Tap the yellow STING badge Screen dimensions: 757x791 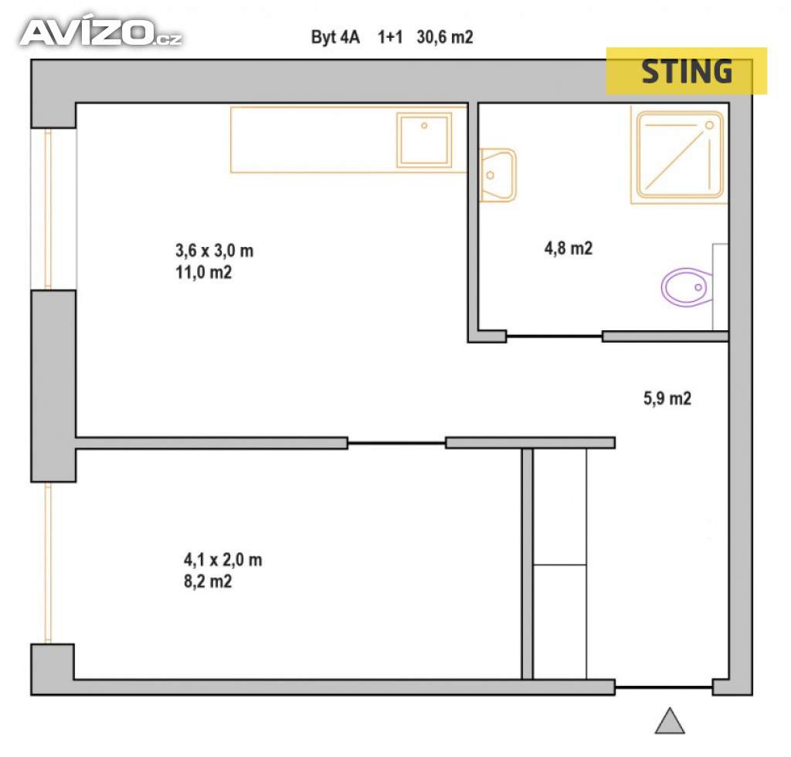(686, 71)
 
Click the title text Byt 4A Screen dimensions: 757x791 (335, 37)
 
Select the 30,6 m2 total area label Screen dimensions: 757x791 (444, 37)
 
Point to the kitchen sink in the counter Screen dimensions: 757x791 (423, 139)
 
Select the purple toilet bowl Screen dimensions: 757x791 (687, 288)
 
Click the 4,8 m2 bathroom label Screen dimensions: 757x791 (569, 248)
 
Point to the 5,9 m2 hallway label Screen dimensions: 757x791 (667, 399)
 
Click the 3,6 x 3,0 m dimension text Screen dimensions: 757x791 (215, 251)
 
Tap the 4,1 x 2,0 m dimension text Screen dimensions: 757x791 (222, 560)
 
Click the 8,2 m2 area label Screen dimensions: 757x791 (205, 581)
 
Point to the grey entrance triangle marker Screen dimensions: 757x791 (670, 721)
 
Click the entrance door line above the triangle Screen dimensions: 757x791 (664, 687)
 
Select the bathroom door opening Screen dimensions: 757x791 (554, 336)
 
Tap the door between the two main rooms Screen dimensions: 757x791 (396, 443)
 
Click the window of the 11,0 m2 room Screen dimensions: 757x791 (49, 208)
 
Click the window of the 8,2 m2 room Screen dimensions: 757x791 (49, 563)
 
